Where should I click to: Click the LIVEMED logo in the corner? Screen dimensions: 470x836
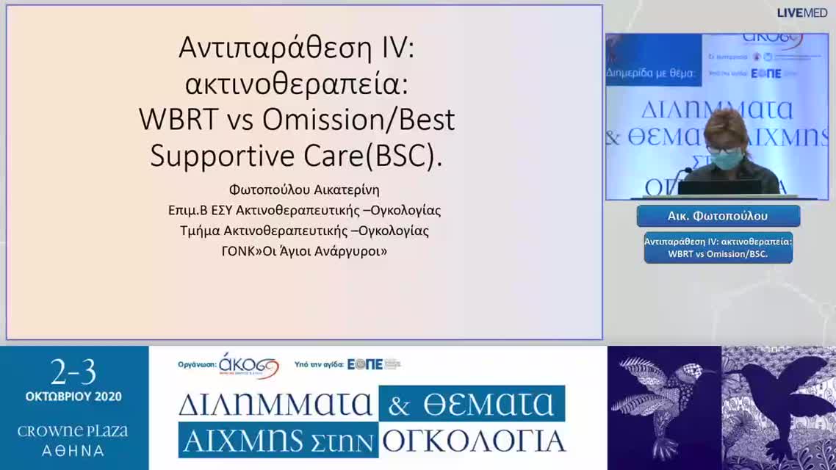click(802, 12)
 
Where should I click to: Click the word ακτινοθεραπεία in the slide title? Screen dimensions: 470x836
click(296, 84)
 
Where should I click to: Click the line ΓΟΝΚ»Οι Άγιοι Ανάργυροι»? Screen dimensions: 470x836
click(304, 250)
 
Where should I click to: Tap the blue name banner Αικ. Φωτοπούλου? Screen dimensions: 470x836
click(718, 216)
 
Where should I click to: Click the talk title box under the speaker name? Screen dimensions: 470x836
click(718, 247)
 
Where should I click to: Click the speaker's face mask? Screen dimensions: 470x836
click(726, 159)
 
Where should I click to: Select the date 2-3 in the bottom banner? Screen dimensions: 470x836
click(73, 373)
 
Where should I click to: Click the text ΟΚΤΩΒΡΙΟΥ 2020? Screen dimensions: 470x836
click(73, 397)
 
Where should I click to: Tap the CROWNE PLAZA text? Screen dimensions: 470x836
click(73, 431)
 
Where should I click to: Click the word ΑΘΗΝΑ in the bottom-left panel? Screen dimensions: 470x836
click(73, 450)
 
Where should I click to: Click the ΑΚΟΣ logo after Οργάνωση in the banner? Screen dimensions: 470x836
click(249, 364)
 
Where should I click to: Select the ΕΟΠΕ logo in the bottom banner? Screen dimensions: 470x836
click(365, 364)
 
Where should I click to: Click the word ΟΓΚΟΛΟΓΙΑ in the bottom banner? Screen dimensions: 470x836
click(474, 440)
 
